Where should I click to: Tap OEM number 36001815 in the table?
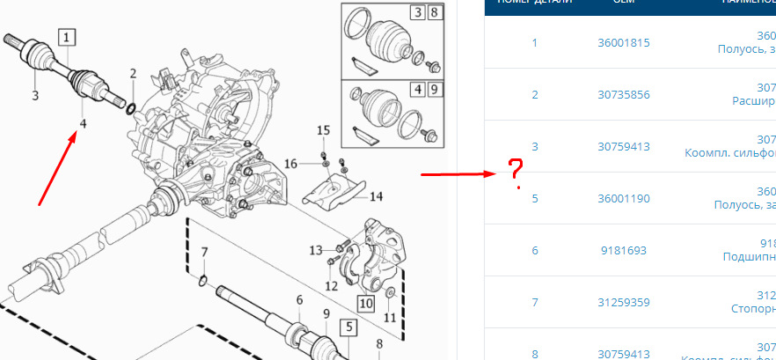[x=623, y=43]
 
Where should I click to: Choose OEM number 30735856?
[x=623, y=95]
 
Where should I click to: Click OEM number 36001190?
[x=623, y=199]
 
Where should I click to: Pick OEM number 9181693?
[x=623, y=251]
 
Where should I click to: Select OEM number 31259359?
[x=623, y=303]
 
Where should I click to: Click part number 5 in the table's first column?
[x=534, y=199]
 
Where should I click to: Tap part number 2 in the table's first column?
[x=534, y=95]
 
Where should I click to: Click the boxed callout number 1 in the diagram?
[x=68, y=37]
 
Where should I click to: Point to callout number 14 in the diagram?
[x=376, y=196]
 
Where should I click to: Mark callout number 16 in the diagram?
[x=291, y=163]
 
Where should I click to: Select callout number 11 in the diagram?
[x=390, y=316]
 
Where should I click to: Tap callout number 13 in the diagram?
[x=315, y=251]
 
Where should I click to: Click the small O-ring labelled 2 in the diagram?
[x=131, y=109]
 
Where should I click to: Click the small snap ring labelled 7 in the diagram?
[x=203, y=281]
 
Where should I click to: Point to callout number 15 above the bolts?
[x=323, y=130]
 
